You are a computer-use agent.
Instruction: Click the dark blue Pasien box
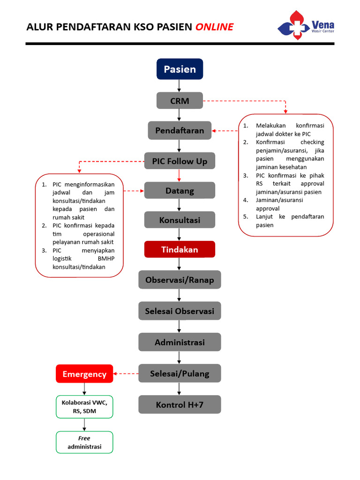pos(180,69)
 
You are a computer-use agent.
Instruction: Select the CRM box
pos(180,100)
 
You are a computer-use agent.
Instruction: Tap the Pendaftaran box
pos(180,130)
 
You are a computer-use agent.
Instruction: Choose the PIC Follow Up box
pos(180,161)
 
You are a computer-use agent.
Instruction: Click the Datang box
pos(180,191)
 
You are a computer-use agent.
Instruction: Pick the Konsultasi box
pos(180,220)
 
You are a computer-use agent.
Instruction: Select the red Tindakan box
pos(180,249)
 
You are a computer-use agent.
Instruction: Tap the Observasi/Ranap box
pos(180,280)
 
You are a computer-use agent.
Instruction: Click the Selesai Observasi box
pos(180,311)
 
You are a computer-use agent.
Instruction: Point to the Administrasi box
pos(180,342)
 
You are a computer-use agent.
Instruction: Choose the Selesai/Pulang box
pos(180,374)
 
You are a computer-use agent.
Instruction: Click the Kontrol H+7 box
pos(180,405)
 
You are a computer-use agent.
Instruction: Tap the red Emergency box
pos(84,374)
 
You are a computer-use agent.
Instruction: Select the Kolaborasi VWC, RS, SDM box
pos(84,406)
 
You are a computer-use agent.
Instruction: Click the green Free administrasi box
pos(84,442)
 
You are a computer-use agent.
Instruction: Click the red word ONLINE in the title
pos(214,27)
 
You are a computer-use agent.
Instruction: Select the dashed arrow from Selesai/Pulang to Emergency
pos(126,374)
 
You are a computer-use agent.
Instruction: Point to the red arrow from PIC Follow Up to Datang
pos(180,176)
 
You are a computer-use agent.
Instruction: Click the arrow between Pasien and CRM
pos(180,86)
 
